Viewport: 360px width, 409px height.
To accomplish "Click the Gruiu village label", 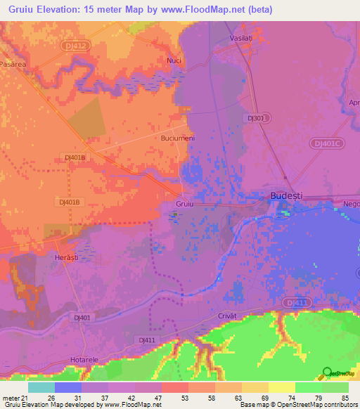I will (184, 203).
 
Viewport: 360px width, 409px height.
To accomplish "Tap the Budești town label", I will (287, 197).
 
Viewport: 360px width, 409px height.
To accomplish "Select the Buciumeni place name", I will (177, 138).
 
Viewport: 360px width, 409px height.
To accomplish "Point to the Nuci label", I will (174, 60).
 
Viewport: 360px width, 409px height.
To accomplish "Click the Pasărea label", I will (13, 63).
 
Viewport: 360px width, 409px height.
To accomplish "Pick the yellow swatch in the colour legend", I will (281, 387).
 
